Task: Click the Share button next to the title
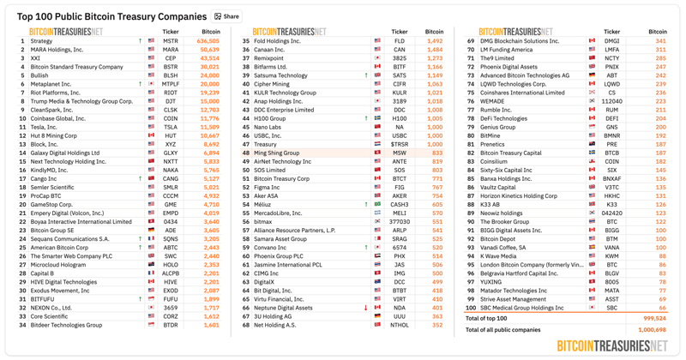tap(227, 16)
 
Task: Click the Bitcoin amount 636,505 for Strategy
tap(208, 41)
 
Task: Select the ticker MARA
tap(171, 50)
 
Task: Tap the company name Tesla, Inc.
tap(44, 127)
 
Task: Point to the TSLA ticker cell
tap(171, 127)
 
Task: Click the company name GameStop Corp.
tap(52, 205)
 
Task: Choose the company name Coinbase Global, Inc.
tap(58, 118)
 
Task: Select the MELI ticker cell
tap(400, 213)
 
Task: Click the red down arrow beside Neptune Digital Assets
tap(365, 308)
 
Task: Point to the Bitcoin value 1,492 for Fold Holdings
tap(435, 41)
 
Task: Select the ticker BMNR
tap(611, 135)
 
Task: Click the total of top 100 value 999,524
tap(653, 318)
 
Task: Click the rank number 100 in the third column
tap(471, 308)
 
